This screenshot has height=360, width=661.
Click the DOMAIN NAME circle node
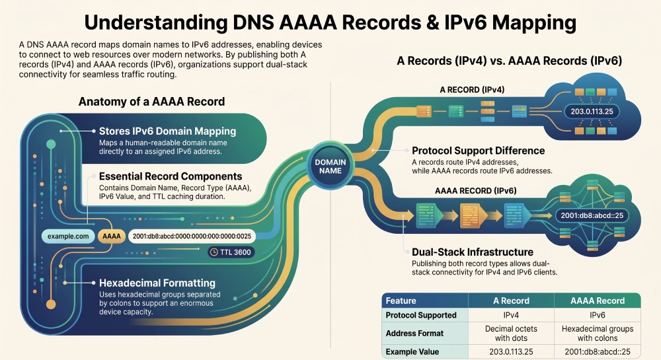tap(330, 166)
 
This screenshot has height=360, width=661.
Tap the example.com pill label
tap(68, 236)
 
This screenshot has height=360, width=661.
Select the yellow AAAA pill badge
tap(111, 236)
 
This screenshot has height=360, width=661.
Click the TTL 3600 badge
tap(231, 252)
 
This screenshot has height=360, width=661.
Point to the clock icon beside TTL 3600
tap(214, 252)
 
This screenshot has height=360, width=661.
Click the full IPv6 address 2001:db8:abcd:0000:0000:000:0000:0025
tap(192, 236)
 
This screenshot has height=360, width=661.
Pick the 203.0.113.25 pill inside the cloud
tap(592, 112)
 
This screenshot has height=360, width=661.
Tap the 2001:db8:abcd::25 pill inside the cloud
tap(592, 215)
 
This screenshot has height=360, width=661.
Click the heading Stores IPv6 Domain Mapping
tap(167, 131)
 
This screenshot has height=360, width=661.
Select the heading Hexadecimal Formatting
tap(157, 283)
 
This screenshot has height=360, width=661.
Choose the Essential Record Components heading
tap(171, 176)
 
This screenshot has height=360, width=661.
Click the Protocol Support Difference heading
tap(478, 151)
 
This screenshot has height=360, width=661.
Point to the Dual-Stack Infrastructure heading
tap(473, 252)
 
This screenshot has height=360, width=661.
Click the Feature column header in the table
tap(401, 301)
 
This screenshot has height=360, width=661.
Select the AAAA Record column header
tap(598, 301)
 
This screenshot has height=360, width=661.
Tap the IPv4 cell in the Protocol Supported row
tap(511, 315)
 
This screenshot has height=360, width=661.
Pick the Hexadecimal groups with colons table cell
tap(598, 334)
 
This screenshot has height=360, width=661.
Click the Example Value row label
tap(412, 351)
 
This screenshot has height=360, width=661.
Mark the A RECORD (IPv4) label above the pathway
tap(472, 90)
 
